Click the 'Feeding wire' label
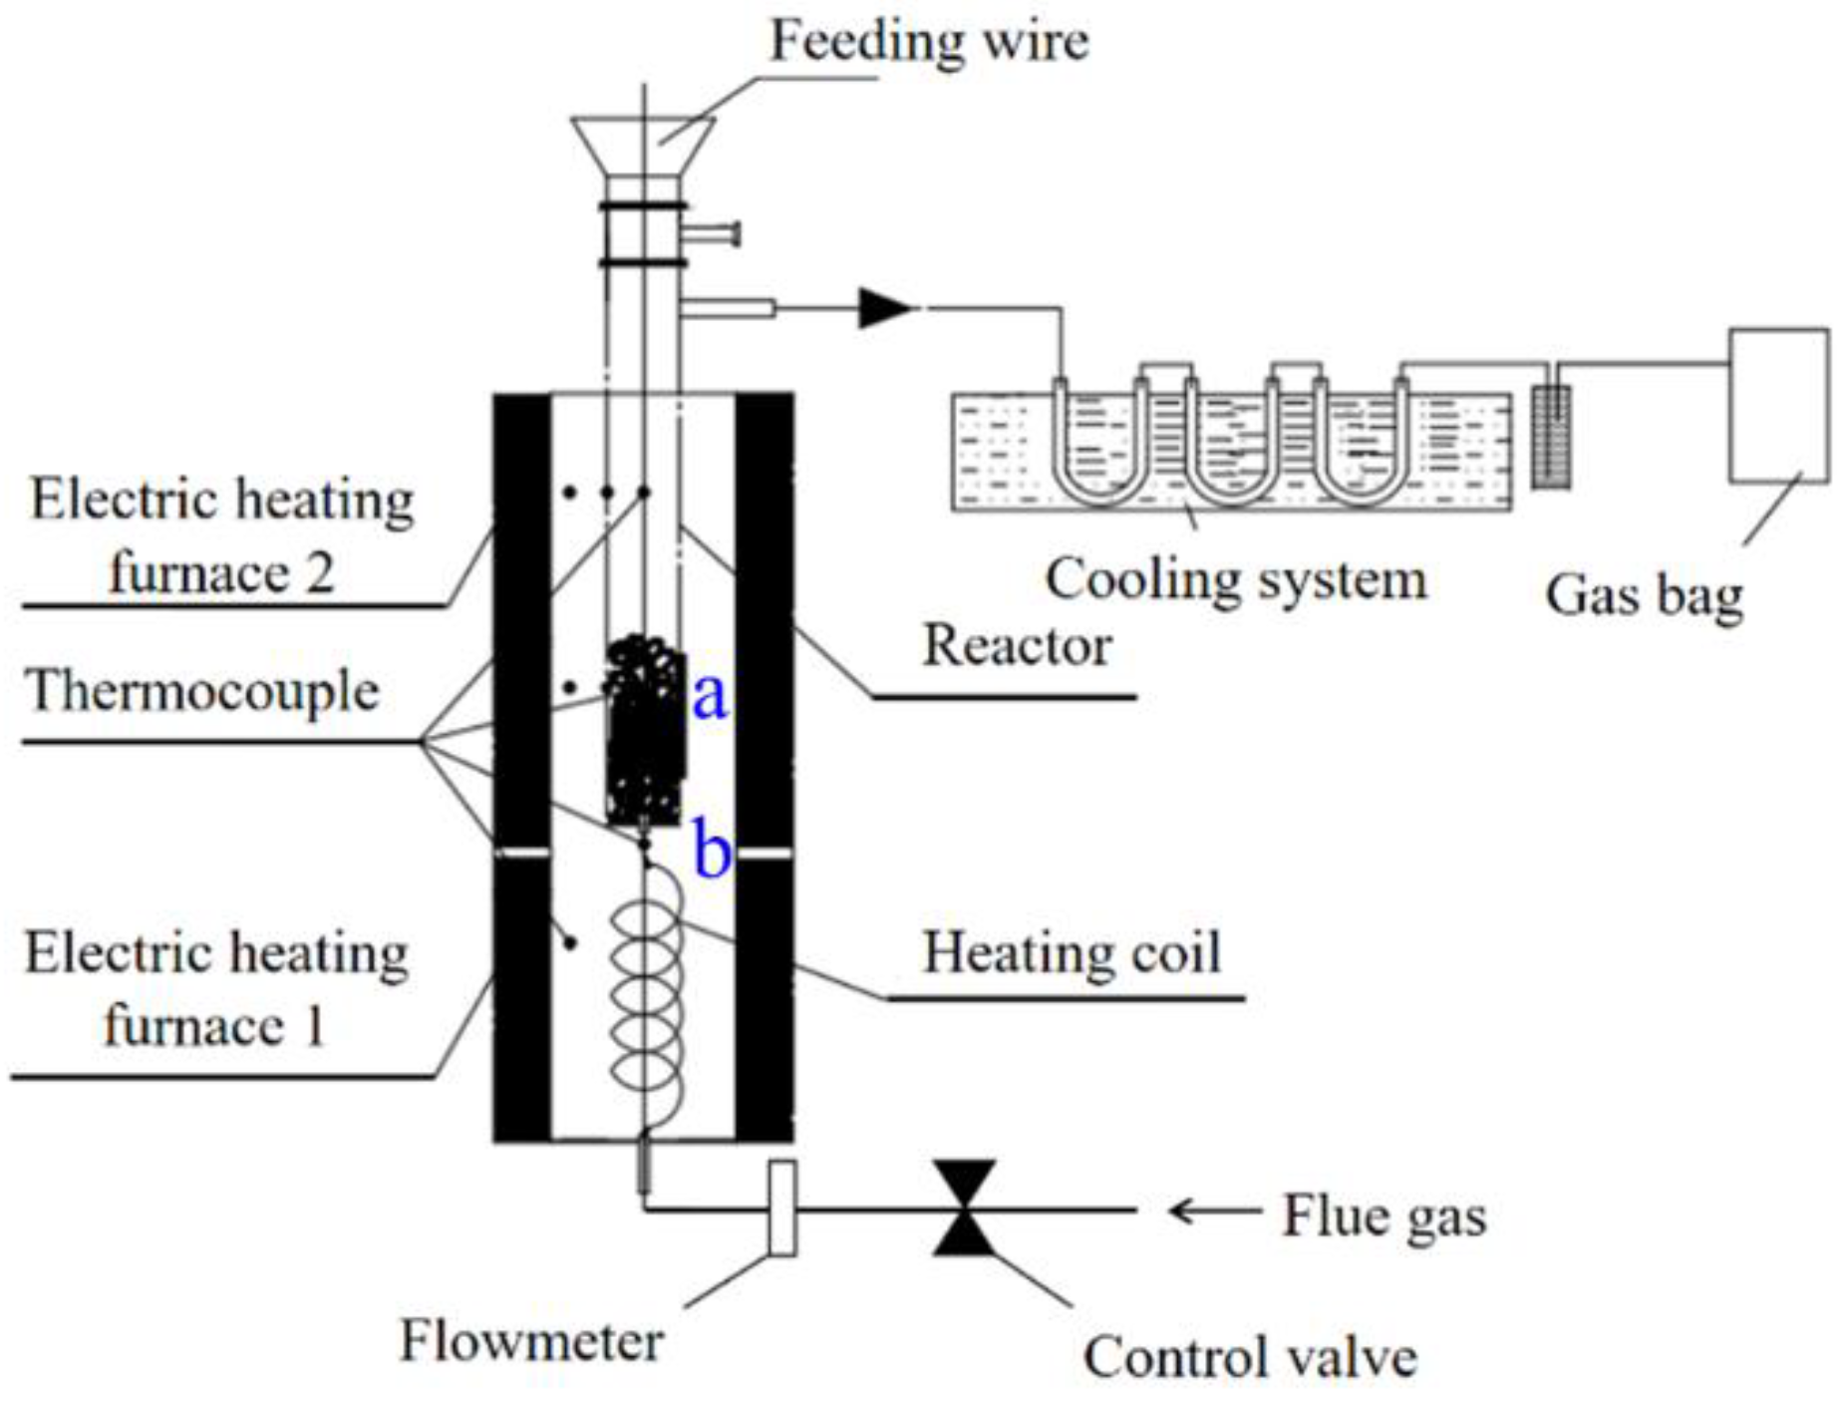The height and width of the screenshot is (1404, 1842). click(929, 42)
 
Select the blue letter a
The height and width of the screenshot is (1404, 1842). click(710, 695)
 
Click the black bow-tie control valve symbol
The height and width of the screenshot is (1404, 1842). click(965, 1208)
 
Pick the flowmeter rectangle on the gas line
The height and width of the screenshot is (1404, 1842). click(783, 1208)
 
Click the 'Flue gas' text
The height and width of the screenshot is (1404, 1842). click(1383, 1217)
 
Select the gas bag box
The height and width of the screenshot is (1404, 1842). click(1778, 405)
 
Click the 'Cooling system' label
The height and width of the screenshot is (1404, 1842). click(1236, 579)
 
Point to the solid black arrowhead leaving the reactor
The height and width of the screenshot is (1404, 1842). click(883, 308)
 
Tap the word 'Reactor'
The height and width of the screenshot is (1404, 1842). click(1017, 645)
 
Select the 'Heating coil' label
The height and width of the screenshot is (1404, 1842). click(1072, 952)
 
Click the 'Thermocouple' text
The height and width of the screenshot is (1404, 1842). click(203, 691)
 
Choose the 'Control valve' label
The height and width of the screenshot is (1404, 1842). click(1250, 1357)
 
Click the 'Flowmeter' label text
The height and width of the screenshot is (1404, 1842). click(531, 1341)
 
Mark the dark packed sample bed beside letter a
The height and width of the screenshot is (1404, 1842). click(646, 733)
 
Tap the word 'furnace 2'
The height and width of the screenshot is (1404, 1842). click(220, 574)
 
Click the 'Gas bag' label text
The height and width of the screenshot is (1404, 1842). click(1644, 595)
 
